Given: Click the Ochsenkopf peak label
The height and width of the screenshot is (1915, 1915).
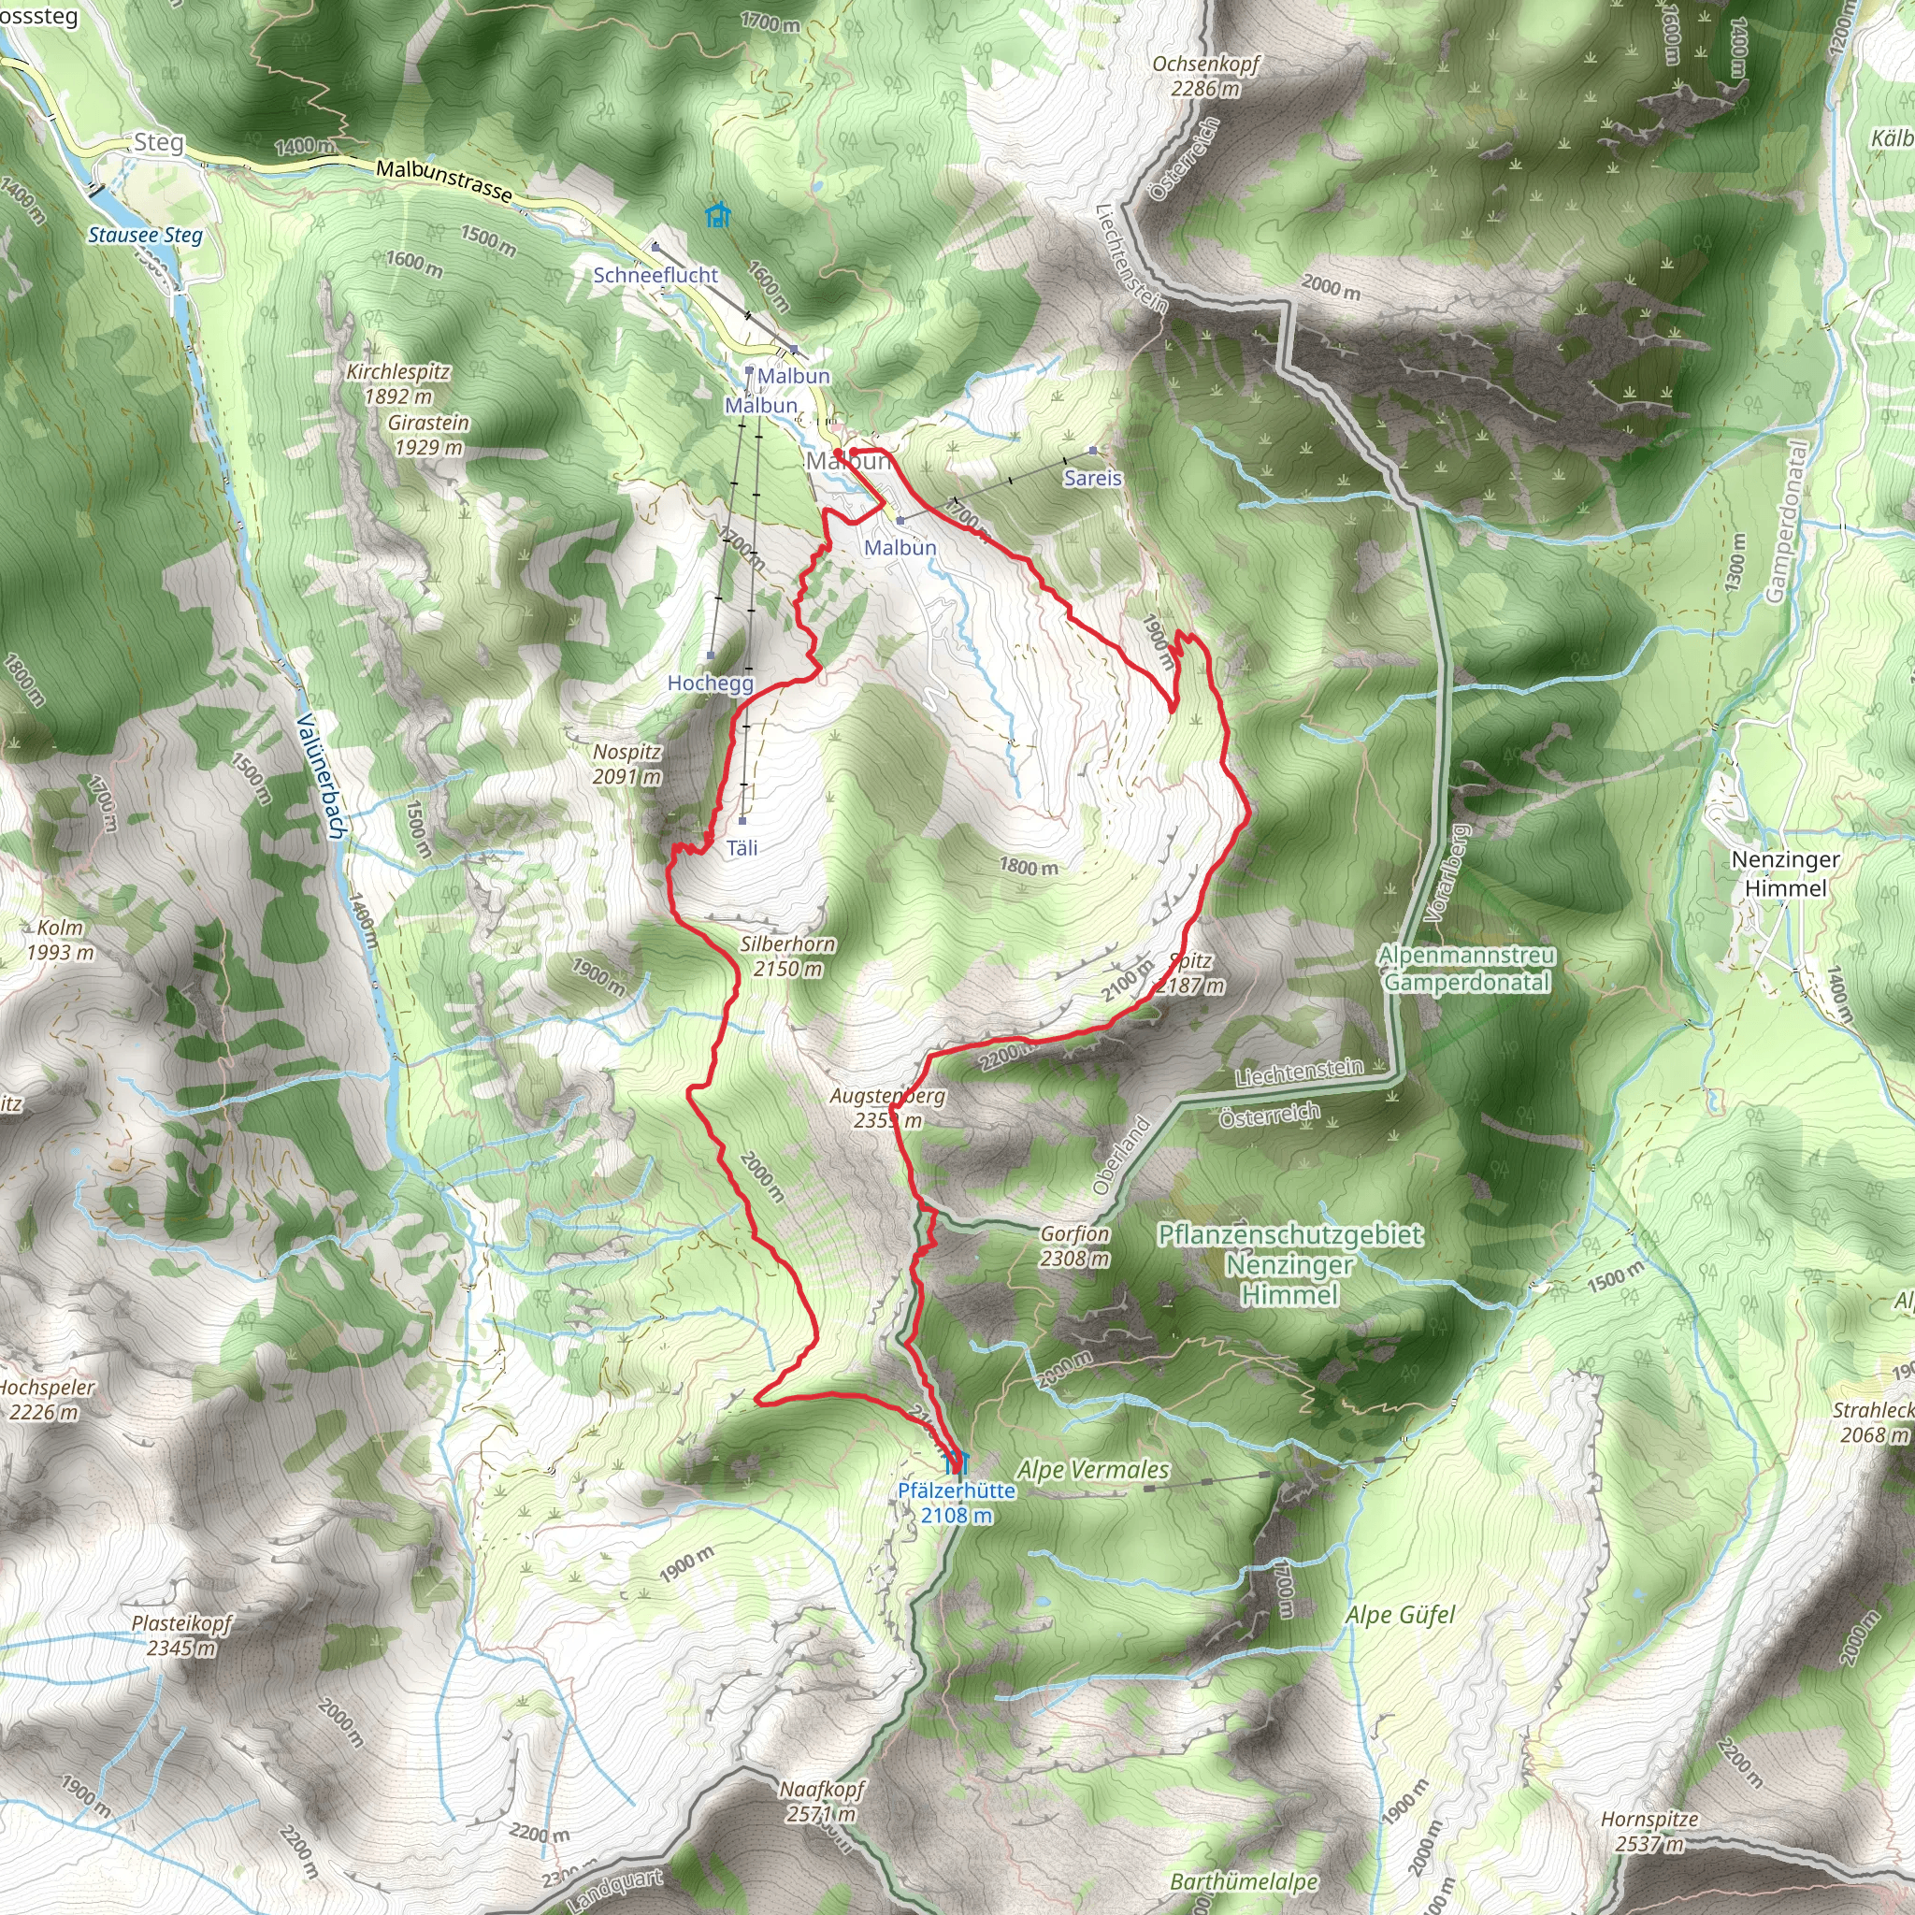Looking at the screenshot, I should (1205, 76).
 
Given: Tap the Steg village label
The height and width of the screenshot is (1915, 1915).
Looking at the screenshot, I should (159, 143).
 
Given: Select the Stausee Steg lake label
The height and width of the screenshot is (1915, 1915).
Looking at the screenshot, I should (145, 235).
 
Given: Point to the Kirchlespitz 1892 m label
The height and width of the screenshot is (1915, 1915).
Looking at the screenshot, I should (398, 383).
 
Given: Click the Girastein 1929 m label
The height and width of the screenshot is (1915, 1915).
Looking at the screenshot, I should (428, 434).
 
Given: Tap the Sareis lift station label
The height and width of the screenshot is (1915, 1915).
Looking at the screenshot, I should (1092, 478).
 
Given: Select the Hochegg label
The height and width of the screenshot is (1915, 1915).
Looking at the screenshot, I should (710, 683).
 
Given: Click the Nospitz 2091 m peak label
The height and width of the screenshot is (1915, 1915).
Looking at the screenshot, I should (626, 764).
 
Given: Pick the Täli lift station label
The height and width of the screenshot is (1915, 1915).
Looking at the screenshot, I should (742, 847).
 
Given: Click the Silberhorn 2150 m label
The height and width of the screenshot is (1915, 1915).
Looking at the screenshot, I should (788, 957).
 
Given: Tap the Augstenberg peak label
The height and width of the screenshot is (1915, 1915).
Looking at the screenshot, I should (888, 1108).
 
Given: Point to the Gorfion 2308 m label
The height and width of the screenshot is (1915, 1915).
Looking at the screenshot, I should (1074, 1245).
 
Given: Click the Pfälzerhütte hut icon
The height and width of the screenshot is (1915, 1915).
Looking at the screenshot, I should (957, 1461).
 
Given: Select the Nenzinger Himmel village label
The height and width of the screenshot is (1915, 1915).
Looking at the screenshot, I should (1785, 873).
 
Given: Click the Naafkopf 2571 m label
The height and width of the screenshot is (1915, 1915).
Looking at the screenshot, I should (822, 1801).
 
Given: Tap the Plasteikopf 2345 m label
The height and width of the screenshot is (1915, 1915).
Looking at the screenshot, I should (181, 1635).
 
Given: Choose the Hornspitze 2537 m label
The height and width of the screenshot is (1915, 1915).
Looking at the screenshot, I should (1649, 1831).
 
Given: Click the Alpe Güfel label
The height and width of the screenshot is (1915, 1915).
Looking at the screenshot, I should (1400, 1616).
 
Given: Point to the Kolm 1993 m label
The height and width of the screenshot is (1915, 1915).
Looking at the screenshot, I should (61, 940).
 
